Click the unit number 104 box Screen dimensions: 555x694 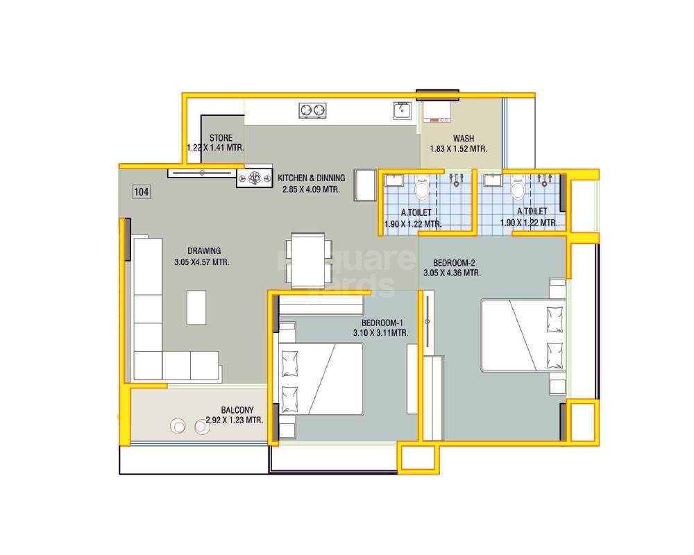[142, 192]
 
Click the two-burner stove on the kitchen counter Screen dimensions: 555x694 [312, 110]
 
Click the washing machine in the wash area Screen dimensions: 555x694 [437, 111]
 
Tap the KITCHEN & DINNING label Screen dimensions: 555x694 [311, 178]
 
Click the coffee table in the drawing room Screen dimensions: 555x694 [196, 307]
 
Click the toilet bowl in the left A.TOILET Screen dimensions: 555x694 [422, 188]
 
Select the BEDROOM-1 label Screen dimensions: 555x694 [382, 323]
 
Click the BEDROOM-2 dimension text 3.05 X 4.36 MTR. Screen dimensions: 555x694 [452, 273]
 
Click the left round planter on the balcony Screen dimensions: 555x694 [179, 427]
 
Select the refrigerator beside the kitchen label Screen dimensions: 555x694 [364, 185]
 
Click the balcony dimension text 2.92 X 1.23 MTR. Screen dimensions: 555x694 [235, 420]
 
